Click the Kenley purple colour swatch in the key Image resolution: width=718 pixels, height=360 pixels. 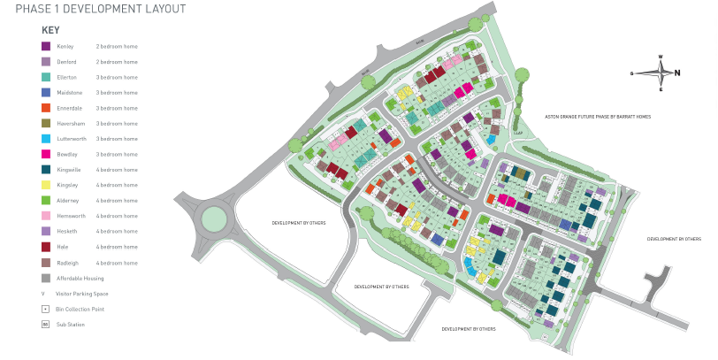point(45,46)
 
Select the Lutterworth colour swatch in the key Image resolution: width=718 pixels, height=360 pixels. point(45,139)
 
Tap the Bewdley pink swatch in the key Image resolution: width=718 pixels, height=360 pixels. point(45,154)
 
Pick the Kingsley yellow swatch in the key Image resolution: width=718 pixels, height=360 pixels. point(45,185)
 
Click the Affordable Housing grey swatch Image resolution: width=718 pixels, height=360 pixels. point(45,278)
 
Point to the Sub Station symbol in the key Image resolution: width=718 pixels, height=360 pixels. point(45,325)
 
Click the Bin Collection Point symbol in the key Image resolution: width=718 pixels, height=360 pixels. point(45,309)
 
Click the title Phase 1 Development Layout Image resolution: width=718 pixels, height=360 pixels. point(94,9)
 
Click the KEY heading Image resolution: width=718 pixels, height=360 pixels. point(50,29)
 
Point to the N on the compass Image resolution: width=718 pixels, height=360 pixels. point(677,73)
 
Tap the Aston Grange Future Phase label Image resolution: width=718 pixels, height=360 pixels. point(597,117)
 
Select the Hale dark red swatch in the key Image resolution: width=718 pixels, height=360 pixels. point(45,247)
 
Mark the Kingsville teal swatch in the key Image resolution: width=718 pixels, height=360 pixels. point(45,170)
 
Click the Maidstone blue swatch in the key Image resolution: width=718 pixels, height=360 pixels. point(45,92)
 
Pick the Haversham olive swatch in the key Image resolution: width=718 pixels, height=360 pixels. point(45,123)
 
